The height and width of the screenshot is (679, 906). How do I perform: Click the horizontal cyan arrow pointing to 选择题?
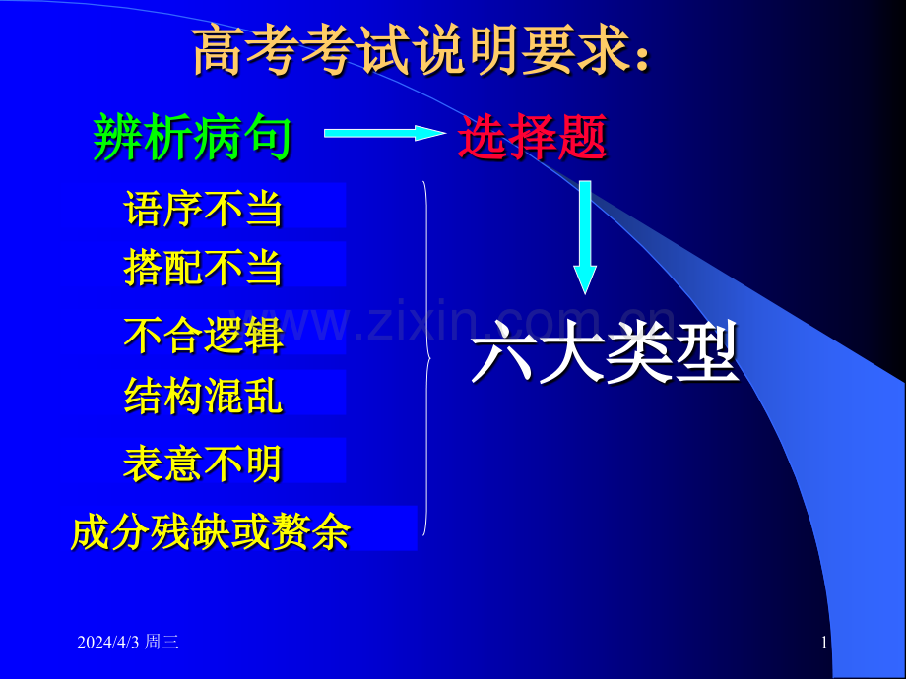(384, 133)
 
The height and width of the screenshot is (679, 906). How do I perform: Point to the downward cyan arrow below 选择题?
(585, 236)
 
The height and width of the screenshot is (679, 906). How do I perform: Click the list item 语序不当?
(204, 209)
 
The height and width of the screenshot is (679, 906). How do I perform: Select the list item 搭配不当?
(204, 267)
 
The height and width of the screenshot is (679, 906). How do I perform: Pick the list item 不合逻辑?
(204, 335)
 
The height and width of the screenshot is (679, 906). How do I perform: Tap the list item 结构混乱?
(204, 395)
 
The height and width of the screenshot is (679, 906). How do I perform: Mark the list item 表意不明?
(204, 463)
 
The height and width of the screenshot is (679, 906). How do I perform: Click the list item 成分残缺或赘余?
(210, 532)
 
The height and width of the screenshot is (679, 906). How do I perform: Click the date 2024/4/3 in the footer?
(108, 643)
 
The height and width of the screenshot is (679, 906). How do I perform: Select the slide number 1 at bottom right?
(823, 643)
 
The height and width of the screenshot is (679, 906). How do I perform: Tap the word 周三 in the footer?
(162, 643)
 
